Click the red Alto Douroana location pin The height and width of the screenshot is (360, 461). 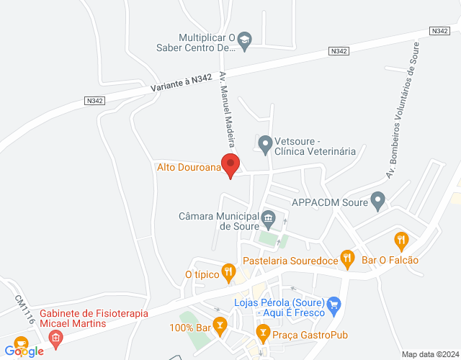point(230,165)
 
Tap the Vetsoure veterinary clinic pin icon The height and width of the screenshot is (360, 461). point(265,145)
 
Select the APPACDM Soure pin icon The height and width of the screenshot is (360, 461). point(377,202)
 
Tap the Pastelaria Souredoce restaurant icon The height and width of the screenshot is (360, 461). point(348,257)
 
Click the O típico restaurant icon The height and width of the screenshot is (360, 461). point(229,271)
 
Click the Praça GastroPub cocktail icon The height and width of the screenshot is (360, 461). point(263,333)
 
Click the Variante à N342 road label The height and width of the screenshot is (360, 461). point(182,84)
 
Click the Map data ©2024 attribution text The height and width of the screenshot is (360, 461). point(430,354)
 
